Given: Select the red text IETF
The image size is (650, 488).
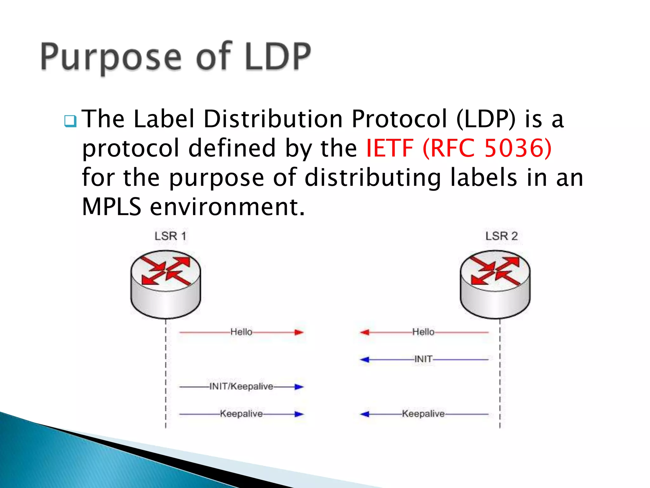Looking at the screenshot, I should pyautogui.click(x=389, y=148).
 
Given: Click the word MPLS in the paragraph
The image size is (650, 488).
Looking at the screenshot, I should pyautogui.click(x=111, y=207).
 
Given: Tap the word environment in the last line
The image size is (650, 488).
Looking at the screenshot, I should pyautogui.click(x=227, y=207).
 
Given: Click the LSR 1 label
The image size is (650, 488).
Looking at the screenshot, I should pyautogui.click(x=170, y=236).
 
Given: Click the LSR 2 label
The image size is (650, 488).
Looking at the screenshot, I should pyautogui.click(x=501, y=236).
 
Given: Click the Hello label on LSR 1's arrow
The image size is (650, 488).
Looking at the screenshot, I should pyautogui.click(x=241, y=332).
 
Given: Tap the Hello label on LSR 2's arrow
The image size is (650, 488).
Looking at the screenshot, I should pyautogui.click(x=423, y=332).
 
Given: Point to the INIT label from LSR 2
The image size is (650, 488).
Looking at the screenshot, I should pyautogui.click(x=423, y=359).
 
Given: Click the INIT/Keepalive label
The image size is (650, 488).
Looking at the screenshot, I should pyautogui.click(x=241, y=386).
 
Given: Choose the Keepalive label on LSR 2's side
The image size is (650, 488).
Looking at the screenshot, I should pyautogui.click(x=423, y=414).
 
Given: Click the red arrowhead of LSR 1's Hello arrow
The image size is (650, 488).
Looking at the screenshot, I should pyautogui.click(x=299, y=332).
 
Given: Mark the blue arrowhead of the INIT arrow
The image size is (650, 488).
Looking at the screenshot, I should pyautogui.click(x=365, y=360).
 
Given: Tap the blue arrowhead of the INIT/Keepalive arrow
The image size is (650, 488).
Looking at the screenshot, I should pyautogui.click(x=299, y=387).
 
